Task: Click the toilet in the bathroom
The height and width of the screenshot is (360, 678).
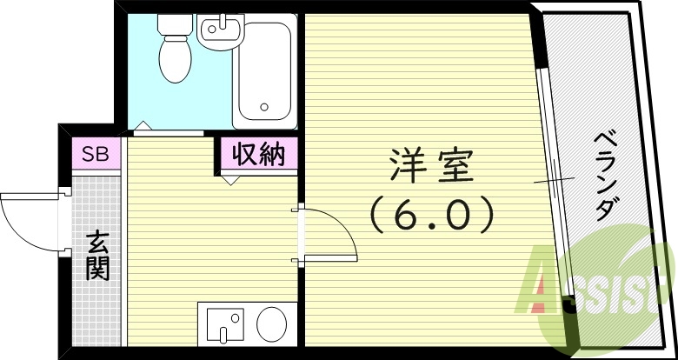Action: point(175,56)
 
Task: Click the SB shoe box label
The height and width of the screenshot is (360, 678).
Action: point(95,156)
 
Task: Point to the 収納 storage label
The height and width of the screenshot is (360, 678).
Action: point(257,156)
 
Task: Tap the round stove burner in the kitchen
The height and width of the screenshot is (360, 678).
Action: point(272,324)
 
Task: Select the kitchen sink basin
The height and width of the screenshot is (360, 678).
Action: point(222,323)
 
